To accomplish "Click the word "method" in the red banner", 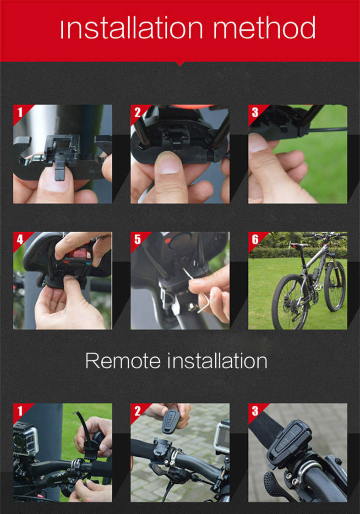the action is tap(265, 28).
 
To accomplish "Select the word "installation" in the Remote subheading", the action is tap(218, 361).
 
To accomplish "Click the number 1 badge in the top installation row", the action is tap(20, 112).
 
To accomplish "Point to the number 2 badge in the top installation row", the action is tap(138, 112).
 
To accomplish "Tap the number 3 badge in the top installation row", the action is tap(255, 112).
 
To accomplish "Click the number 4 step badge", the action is tap(20, 239).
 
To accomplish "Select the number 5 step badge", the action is tap(138, 239).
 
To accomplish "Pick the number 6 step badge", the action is tap(255, 239).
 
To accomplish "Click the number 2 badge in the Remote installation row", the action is tap(138, 411).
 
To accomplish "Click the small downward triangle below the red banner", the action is tap(180, 63).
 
